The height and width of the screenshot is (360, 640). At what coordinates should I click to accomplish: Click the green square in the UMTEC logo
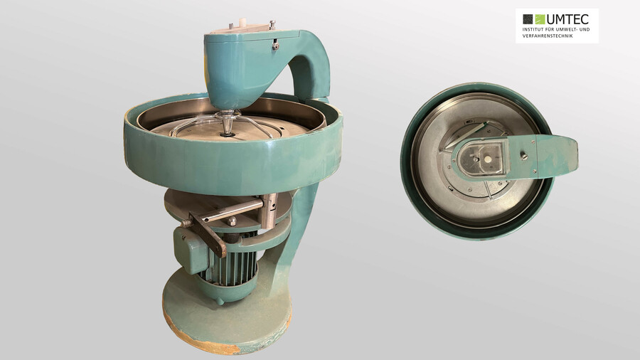coord(540,19)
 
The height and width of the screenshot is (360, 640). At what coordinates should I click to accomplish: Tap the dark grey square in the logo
coord(528,19)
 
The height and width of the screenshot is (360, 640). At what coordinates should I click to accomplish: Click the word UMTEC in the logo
coord(567,19)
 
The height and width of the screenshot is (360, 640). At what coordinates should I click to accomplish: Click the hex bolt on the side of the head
coord(276,46)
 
